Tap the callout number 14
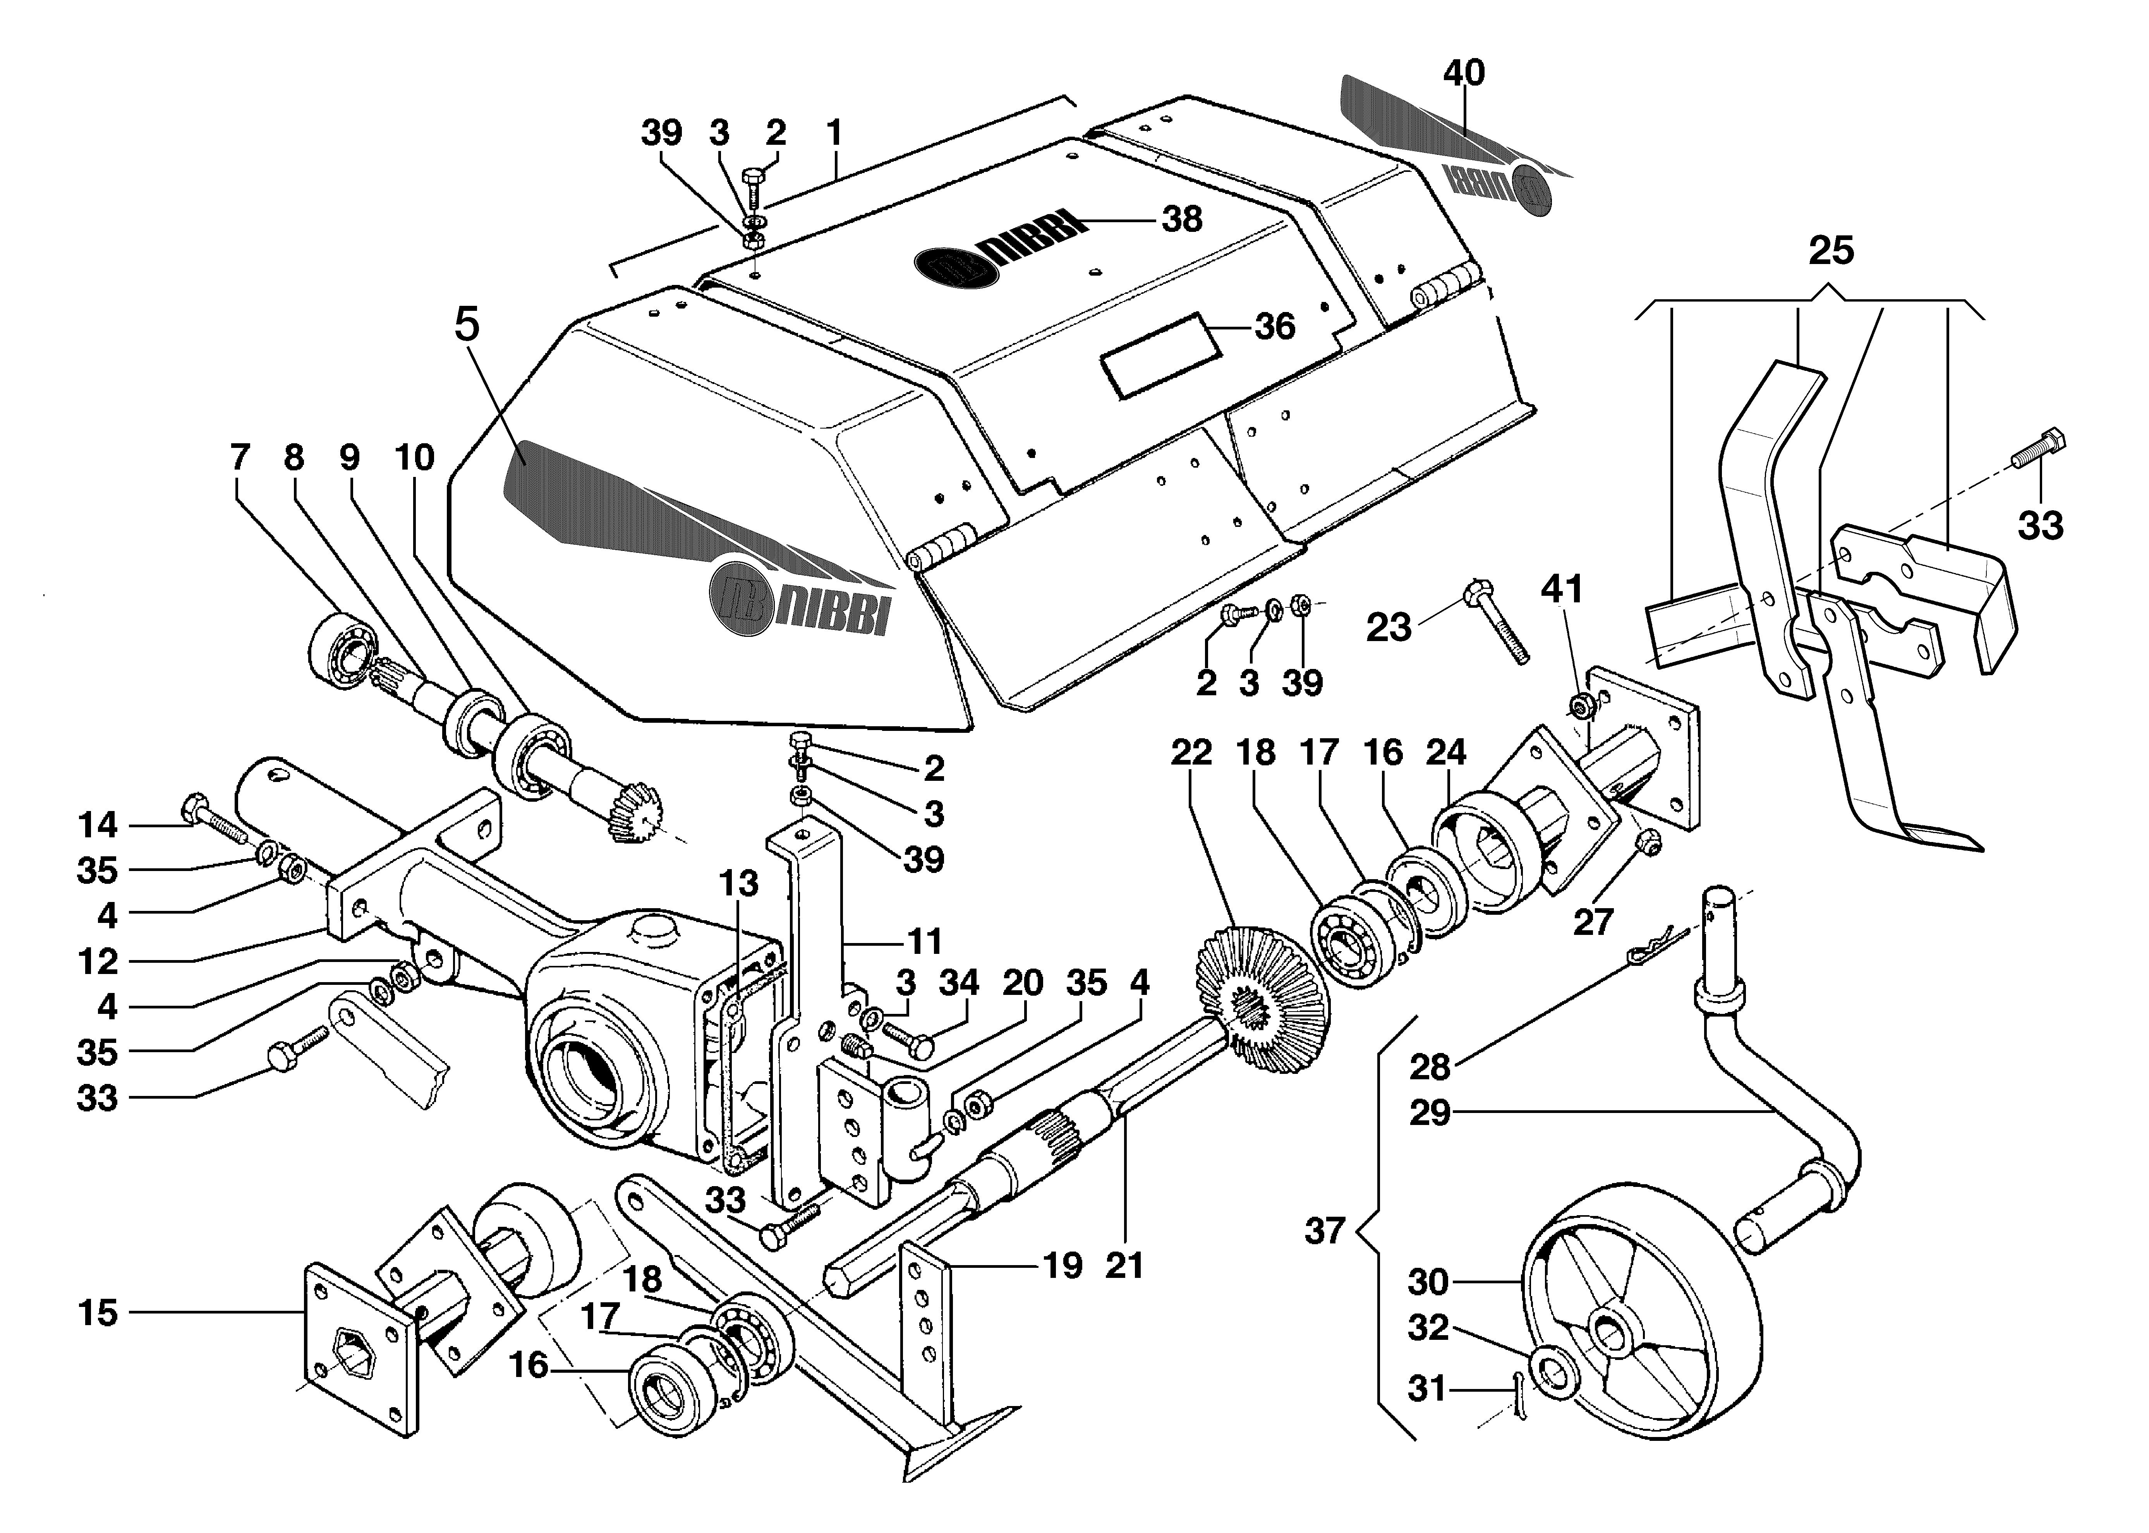pos(97,826)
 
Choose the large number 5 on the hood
pos(467,325)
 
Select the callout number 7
pos(240,458)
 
